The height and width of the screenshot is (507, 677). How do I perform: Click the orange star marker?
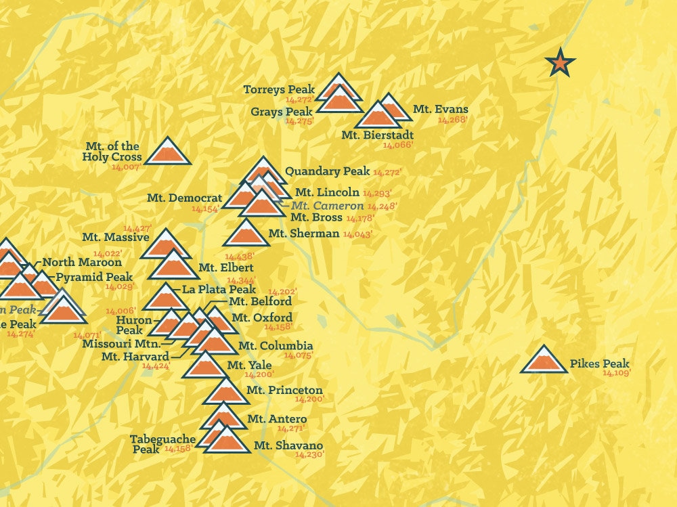coord(560,63)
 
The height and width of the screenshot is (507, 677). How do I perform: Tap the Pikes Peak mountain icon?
coord(544,361)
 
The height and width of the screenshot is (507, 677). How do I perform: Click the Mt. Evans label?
coord(440,110)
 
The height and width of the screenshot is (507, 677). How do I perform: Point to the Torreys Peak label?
coord(279,89)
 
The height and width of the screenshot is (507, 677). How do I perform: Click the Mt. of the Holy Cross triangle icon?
coord(166,152)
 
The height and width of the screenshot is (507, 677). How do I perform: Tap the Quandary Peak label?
coord(327,171)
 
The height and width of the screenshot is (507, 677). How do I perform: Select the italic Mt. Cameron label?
coord(328,205)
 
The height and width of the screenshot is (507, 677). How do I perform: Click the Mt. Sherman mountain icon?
coord(246,234)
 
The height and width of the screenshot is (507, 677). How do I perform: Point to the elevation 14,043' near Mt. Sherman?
coord(358,234)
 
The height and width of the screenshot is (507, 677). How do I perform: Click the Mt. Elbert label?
coord(217,267)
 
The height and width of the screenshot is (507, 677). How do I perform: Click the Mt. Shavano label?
coord(288,445)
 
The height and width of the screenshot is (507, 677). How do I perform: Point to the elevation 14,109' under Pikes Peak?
coord(616,373)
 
